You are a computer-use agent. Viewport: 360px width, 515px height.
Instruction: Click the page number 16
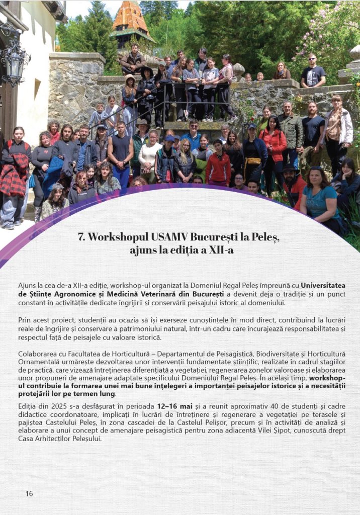tap(29, 493)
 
